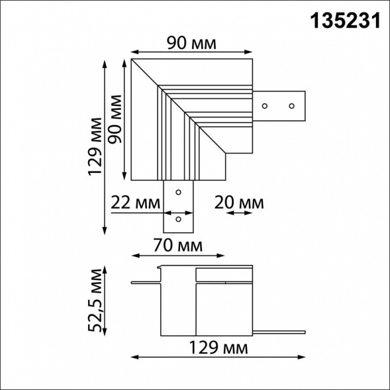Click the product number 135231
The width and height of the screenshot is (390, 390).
(x=345, y=21)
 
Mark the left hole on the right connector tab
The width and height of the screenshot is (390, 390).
(x=265, y=105)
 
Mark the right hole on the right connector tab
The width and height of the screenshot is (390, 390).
(x=291, y=105)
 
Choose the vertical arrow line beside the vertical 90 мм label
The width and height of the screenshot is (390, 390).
(x=125, y=119)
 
